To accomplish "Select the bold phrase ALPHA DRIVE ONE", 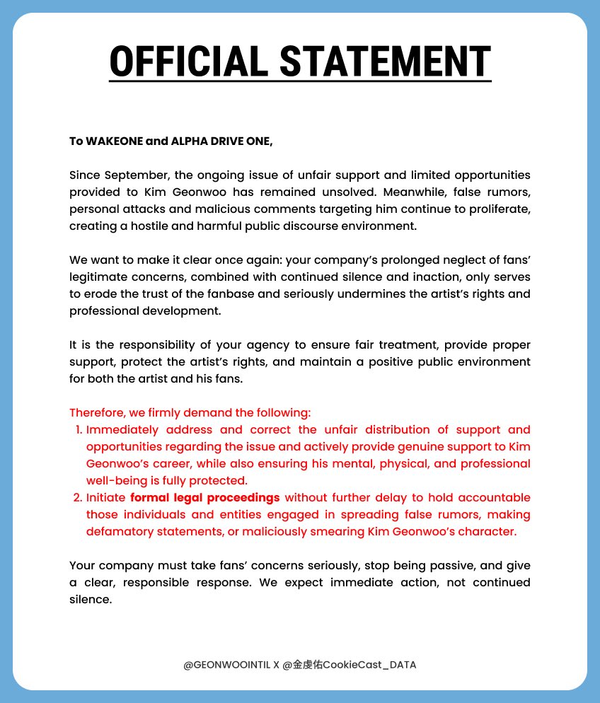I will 221,141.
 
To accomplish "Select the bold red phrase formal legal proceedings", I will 205,497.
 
